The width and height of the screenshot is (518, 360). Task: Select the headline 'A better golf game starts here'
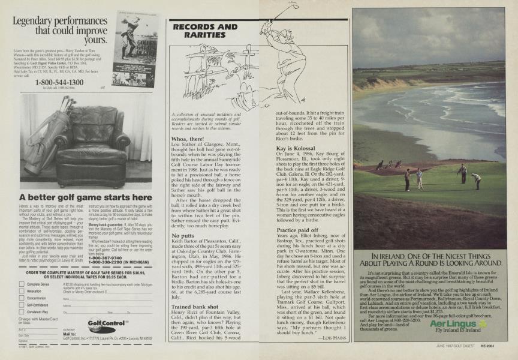[86, 197]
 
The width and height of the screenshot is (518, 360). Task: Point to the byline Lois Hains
[329, 338]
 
